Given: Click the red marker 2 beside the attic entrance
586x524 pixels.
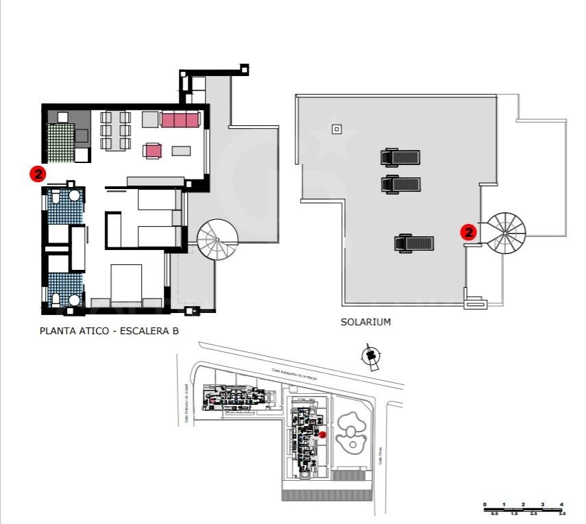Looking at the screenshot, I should pos(38,174).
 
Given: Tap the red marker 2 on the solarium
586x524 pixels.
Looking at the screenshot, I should pos(469,232).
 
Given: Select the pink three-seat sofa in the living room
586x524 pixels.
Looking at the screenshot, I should pos(180,120).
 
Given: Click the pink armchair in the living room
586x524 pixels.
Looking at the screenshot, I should pos(153,150).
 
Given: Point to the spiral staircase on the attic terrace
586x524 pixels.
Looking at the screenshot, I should pos(217,238).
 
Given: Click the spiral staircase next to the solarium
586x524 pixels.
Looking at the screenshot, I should pos(505,232).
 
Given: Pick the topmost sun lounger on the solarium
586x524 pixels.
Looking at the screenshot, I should pos(400,158).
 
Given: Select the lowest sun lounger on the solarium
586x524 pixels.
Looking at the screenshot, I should pos(413,243).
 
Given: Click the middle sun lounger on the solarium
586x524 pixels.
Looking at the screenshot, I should pos(400,184).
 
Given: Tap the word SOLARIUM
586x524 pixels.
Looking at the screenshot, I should pos(365,322).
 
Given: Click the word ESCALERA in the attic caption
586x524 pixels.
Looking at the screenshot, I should pos(145,332).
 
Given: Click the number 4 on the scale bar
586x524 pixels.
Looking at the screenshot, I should pos(561,505).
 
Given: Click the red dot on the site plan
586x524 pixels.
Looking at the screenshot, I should pos(322,434).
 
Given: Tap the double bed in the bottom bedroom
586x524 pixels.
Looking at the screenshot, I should pos(126,284).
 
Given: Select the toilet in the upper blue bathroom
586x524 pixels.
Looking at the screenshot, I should pos(56,199).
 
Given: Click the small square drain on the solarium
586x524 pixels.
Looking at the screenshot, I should pos(336,129).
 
